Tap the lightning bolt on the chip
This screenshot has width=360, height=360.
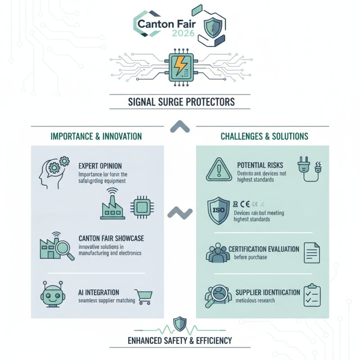coord(180,67)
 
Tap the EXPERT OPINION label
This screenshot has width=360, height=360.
coord(100,166)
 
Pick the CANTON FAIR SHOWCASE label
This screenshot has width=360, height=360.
coord(111,238)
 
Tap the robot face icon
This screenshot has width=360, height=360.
coord(51,295)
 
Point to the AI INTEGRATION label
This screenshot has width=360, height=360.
coord(99,292)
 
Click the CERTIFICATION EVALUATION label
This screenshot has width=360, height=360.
coord(264,249)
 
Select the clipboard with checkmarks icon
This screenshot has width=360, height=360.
coord(311,296)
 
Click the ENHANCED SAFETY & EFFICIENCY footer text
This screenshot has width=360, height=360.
coord(180,340)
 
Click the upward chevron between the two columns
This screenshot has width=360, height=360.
coord(180,127)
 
